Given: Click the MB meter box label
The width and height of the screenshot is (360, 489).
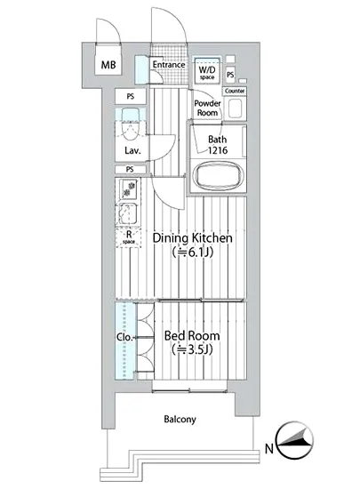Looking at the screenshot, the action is click(x=108, y=65).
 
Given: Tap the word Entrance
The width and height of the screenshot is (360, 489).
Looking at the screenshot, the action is click(x=169, y=65).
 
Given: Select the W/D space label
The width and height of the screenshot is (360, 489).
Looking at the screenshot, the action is click(x=207, y=72).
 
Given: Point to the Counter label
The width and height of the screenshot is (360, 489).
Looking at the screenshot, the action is click(x=235, y=91).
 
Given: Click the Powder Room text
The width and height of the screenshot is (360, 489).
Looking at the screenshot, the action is click(x=207, y=108).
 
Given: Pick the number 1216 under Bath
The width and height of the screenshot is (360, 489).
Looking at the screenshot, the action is click(x=218, y=150).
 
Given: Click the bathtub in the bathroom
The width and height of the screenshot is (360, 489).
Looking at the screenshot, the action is click(x=218, y=175).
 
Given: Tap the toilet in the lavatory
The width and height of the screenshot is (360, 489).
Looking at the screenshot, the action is click(x=131, y=124).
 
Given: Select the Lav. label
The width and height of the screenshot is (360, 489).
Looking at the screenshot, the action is click(x=132, y=151).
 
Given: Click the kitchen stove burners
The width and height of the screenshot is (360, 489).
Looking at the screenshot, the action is click(x=128, y=189).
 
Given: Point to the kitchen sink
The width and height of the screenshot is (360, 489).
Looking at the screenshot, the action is click(x=128, y=213).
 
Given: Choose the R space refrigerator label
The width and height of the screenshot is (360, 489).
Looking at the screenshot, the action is click(x=128, y=237).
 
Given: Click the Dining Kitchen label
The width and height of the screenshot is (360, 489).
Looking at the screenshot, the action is click(x=192, y=238).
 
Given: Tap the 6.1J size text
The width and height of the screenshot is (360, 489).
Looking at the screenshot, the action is click(x=192, y=252).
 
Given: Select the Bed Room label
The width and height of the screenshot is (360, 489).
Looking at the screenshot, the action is click(x=192, y=336).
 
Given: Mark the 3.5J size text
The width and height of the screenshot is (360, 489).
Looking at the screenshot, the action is click(x=192, y=349).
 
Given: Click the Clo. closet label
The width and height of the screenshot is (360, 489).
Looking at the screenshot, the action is click(x=124, y=337).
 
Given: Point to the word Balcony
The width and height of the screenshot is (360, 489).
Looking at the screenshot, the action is click(x=180, y=420).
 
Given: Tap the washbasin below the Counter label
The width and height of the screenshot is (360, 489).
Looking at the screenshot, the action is click(x=235, y=108).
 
